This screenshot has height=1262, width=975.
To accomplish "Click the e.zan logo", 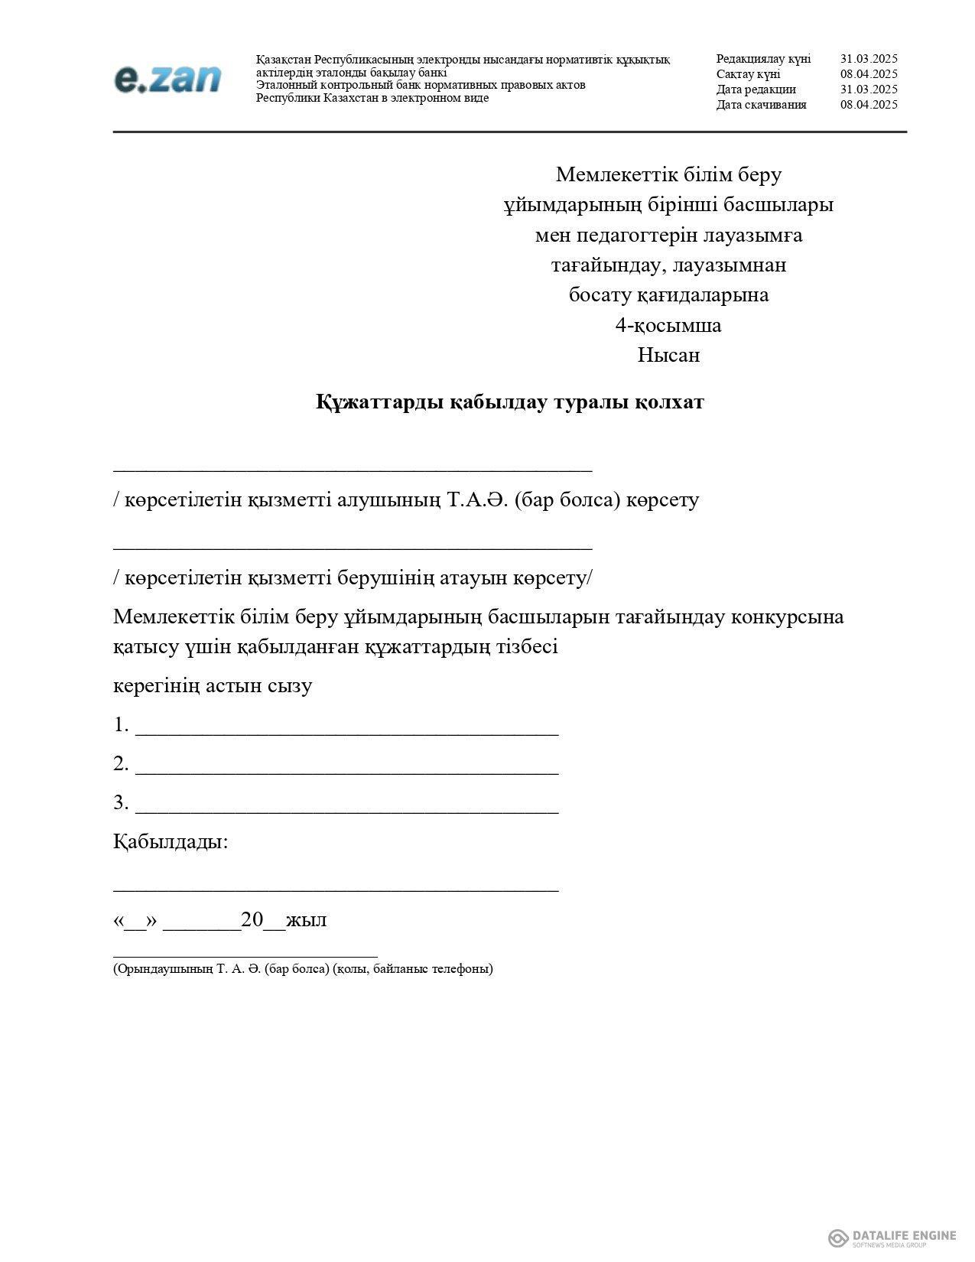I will point(167,79).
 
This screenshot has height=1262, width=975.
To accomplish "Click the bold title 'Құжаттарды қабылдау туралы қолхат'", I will point(510,402).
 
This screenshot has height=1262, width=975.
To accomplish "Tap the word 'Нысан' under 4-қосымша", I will point(668,356).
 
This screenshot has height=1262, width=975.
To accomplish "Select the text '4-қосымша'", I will point(668,326).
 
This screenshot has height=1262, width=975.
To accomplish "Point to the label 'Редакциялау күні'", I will point(763,59).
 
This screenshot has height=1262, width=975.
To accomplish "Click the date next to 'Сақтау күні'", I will point(869,74).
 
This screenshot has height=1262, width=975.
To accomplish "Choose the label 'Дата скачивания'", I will point(761,105).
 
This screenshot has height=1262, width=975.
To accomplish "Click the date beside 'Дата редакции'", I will point(869,89).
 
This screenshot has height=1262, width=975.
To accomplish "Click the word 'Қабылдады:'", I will point(171,842).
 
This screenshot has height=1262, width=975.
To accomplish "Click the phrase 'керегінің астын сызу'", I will point(213,685).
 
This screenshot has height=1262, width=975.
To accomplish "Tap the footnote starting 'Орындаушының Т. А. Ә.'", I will point(303,969).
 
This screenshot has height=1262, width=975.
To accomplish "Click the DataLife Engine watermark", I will point(892,1238).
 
